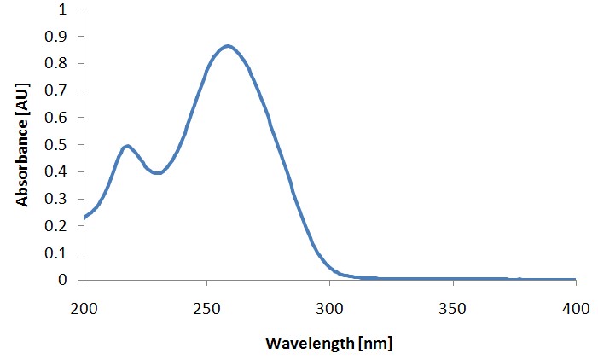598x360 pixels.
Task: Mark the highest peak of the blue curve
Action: point(227,46)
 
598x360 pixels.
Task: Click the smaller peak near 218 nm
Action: point(127,146)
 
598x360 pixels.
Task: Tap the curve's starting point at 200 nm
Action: point(84,218)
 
